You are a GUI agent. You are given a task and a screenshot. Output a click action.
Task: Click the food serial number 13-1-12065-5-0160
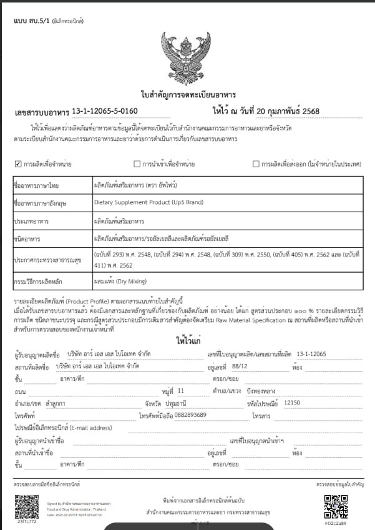pyautogui.click(x=104, y=111)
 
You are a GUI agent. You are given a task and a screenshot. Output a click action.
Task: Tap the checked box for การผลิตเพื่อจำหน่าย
pyautogui.click(x=17, y=164)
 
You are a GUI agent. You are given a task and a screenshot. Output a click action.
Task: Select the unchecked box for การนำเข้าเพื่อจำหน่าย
pyautogui.click(x=137, y=164)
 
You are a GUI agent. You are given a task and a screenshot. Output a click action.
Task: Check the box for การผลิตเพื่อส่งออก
pyautogui.click(x=256, y=164)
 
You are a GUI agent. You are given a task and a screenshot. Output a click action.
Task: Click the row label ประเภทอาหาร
pyautogui.click(x=32, y=221)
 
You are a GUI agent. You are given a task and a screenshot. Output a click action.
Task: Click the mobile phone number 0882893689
pyautogui.click(x=190, y=415)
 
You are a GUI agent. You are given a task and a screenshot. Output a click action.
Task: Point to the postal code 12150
pyautogui.click(x=292, y=403)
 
